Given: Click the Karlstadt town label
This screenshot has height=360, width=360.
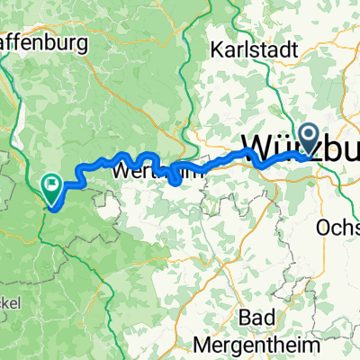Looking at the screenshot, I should [x=254, y=50].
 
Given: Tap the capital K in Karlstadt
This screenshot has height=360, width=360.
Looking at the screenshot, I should [x=215, y=50].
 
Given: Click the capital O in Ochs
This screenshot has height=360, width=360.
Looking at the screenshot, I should [x=323, y=229].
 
